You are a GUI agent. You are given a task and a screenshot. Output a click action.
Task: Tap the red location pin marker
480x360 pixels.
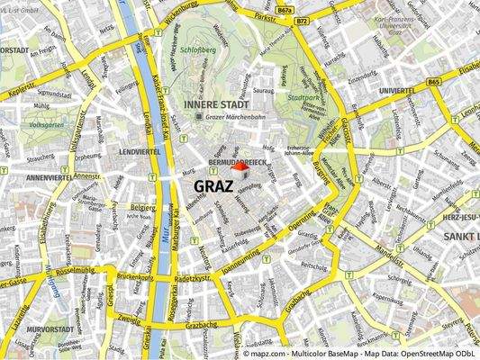[x=240, y=169]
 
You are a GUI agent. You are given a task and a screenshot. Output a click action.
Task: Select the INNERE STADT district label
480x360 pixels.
[x=210, y=103]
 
